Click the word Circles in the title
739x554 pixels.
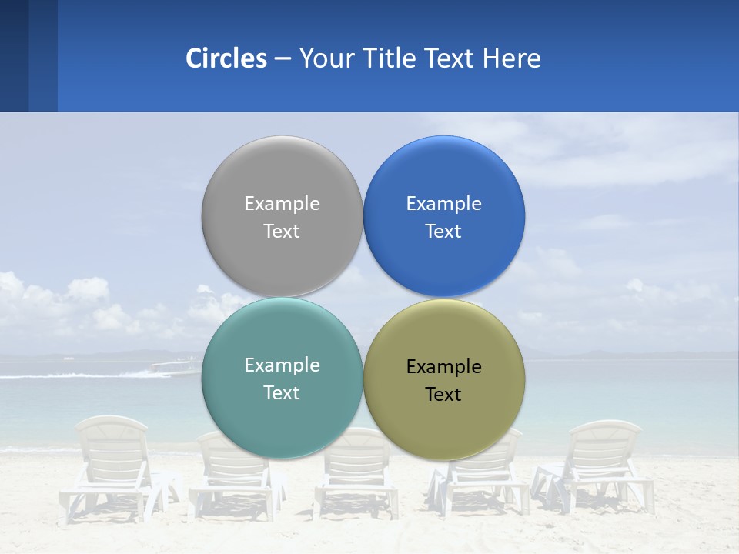click(226, 58)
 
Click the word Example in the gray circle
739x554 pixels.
click(282, 203)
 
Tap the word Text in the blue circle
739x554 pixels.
click(443, 231)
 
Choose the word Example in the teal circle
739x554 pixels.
click(282, 365)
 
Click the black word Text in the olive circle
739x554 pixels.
click(443, 394)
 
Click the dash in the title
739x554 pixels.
click(283, 59)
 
